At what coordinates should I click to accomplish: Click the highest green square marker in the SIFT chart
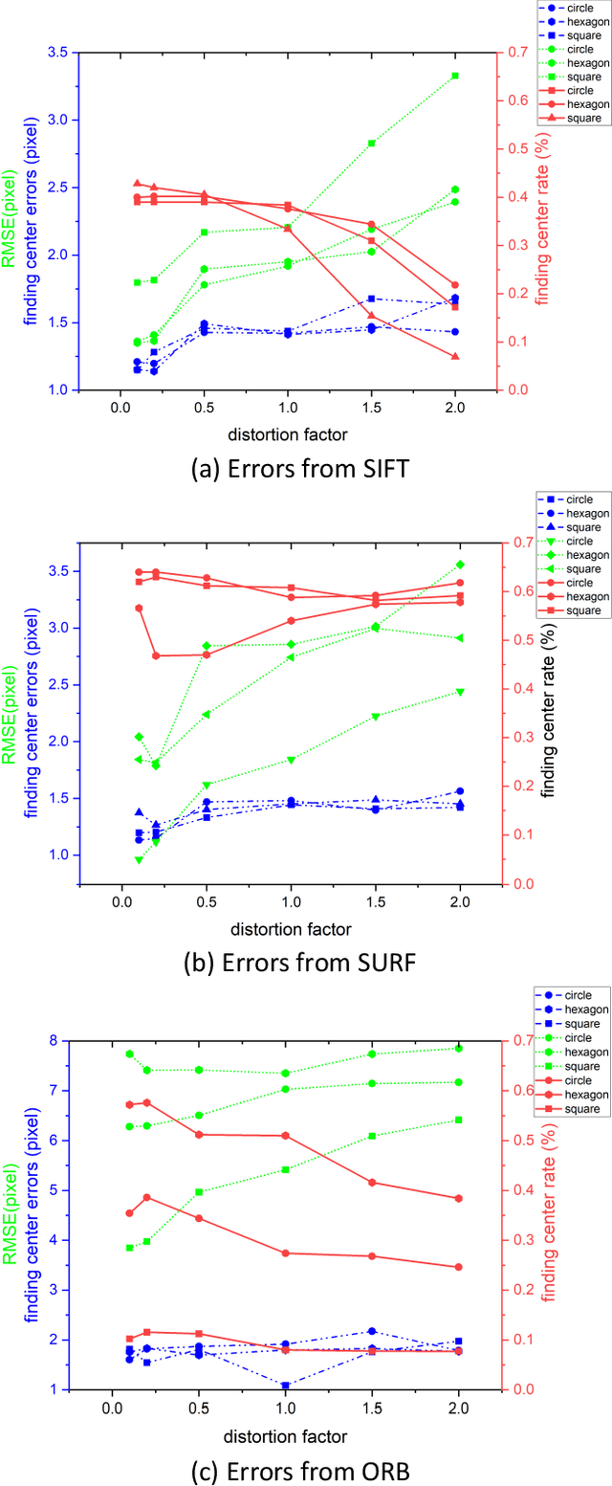(x=455, y=76)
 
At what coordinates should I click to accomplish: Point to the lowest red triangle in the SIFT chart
(x=455, y=357)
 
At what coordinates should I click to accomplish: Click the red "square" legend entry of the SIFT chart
(x=582, y=119)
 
